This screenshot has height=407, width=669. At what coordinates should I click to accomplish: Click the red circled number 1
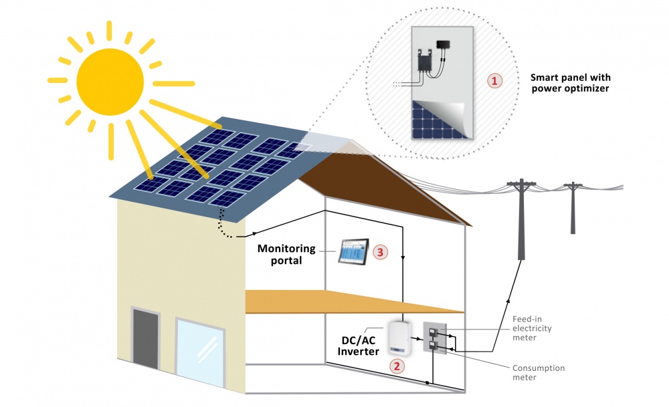click(x=494, y=81)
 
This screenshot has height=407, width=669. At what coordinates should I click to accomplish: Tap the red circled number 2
click(x=397, y=366)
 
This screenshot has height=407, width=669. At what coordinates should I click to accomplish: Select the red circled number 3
click(x=381, y=252)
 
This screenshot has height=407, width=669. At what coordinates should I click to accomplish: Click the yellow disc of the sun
click(x=110, y=82)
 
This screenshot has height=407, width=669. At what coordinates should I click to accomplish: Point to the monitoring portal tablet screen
click(x=354, y=252)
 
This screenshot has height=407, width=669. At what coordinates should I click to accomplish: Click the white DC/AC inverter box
click(x=399, y=338)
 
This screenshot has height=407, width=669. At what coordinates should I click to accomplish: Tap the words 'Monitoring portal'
click(x=286, y=255)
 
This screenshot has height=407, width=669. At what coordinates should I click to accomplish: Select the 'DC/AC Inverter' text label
click(x=359, y=346)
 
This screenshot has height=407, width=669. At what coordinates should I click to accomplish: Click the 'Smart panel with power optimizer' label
click(x=571, y=83)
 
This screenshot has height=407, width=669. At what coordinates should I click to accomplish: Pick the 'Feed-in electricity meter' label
click(x=532, y=328)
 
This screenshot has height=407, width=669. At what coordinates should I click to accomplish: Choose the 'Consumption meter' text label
click(x=539, y=372)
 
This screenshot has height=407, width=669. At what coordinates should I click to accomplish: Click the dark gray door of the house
click(x=145, y=338)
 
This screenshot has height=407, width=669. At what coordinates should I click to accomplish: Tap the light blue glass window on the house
click(x=200, y=352)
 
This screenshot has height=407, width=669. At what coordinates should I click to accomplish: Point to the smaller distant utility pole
click(x=573, y=208)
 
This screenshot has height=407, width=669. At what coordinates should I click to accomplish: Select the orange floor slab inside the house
click(x=354, y=301)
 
